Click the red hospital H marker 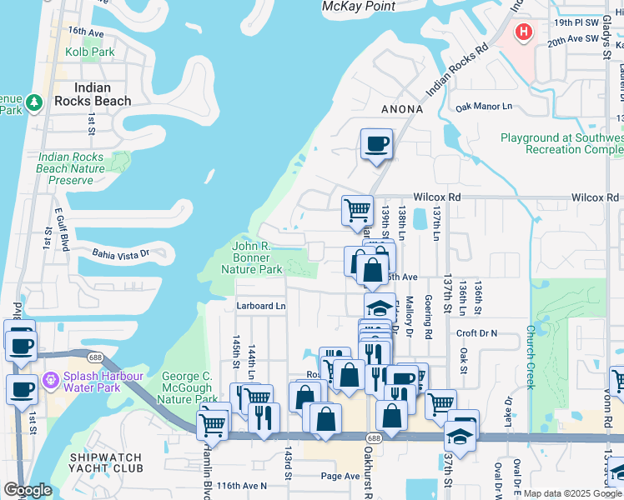pos(524,32)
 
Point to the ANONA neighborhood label pos(403,109)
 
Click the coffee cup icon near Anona pos(376,143)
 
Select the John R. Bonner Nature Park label pos(257,257)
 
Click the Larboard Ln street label pos(260,306)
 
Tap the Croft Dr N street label pos(476,332)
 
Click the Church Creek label pos(530,345)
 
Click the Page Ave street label pos(340,477)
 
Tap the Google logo pos(28,491)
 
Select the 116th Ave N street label pos(241,485)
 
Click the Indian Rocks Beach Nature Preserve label pos(71,168)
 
